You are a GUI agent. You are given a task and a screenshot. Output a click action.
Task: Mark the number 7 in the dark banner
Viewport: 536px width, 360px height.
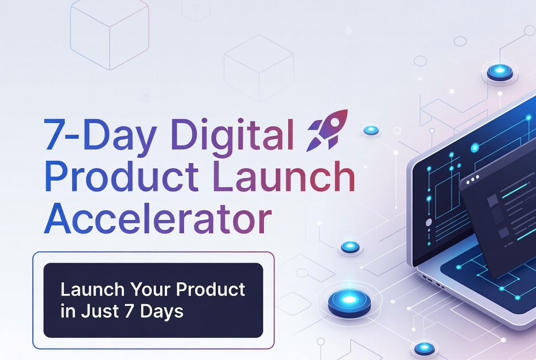pos(129,311)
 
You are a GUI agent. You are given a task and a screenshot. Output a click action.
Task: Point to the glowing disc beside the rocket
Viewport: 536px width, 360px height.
pos(371,130)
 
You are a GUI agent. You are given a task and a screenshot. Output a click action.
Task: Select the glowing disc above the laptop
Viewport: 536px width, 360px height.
pos(500,72)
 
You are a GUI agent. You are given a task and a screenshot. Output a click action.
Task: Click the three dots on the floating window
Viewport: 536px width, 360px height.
pos(473,177)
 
